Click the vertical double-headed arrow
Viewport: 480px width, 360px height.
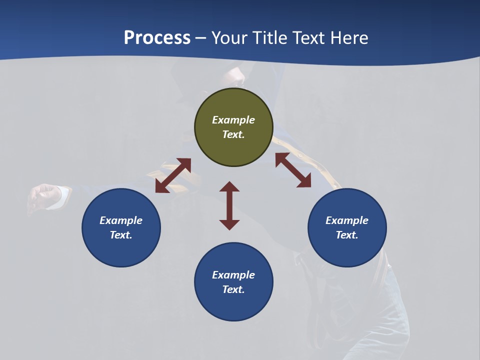pos(229,205)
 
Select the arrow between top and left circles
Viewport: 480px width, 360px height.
pos(173,175)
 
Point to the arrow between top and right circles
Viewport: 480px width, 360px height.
pos(293,170)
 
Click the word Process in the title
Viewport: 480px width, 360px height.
pos(157,37)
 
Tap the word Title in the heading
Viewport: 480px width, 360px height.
pos(270,37)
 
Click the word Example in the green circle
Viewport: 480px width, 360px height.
pos(233,120)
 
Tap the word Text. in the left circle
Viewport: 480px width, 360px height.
pos(121,235)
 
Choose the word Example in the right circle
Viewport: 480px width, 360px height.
pos(347,220)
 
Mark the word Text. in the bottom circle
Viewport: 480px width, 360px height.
pos(233,289)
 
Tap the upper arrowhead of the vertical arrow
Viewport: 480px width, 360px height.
pos(229,186)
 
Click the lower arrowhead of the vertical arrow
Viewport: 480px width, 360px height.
pos(229,224)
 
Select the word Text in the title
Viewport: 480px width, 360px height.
pos(309,37)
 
